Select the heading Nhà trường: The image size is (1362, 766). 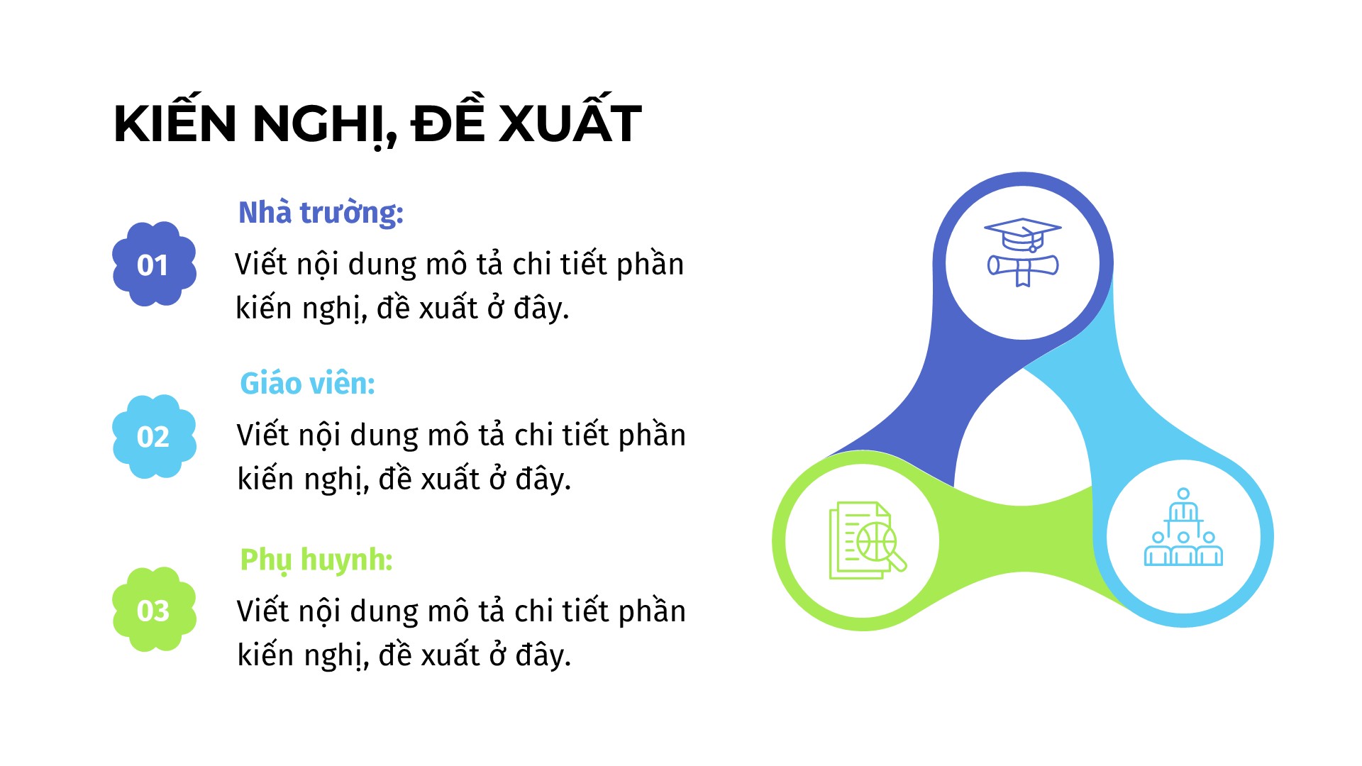pos(321,213)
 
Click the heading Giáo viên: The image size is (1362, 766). pos(307,383)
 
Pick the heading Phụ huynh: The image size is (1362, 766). pos(316,560)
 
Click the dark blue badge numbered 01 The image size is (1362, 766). pos(154,264)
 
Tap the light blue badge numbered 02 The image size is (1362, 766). pos(154,436)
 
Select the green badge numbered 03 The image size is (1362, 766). pos(154,609)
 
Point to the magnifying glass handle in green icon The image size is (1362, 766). pos(897,561)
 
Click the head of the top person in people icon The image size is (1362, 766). pos(1183,494)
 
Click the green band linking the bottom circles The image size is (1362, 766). pos(1022,539)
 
